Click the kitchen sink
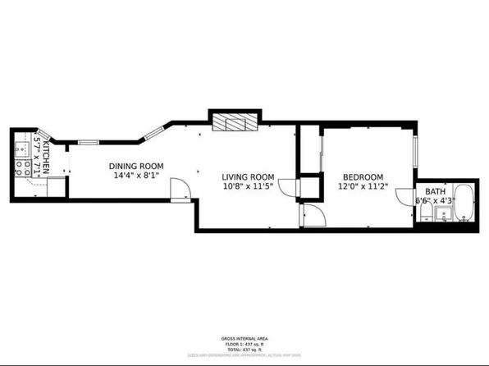tap(21, 150)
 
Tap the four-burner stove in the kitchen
tap(21, 169)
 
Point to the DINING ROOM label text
tap(135, 165)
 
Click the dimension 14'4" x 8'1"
tap(134, 175)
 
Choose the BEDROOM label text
tap(363, 177)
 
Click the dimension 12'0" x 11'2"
tap(363, 187)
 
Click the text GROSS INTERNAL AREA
tap(245, 338)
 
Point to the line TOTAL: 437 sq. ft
tap(245, 350)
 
